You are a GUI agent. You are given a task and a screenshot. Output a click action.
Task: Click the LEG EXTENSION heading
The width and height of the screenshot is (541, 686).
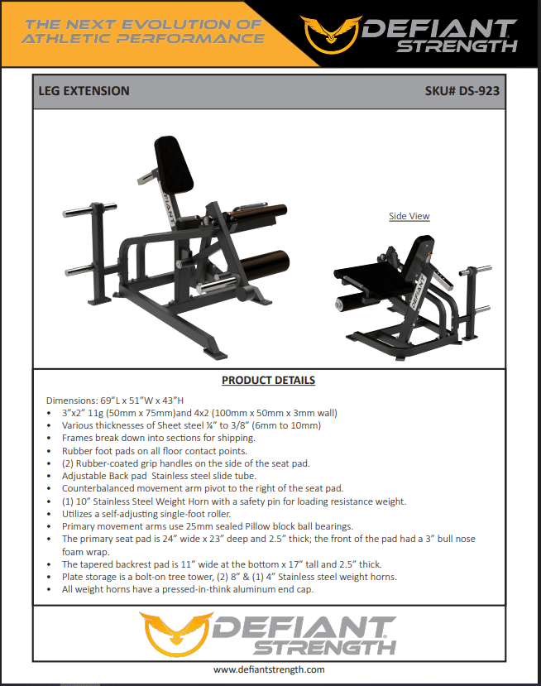[84, 91]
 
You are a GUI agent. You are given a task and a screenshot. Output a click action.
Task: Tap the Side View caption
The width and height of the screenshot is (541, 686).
[409, 216]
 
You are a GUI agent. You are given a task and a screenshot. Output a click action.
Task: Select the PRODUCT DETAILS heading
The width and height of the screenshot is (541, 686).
[268, 381]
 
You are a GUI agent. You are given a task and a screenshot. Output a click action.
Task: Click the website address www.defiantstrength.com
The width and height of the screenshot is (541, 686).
[269, 669]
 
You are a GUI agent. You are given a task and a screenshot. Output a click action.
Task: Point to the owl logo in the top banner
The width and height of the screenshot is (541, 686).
[329, 31]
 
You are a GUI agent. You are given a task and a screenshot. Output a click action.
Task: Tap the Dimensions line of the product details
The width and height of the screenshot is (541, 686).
[115, 400]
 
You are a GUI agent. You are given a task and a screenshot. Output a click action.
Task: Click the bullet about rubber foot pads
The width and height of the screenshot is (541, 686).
[154, 451]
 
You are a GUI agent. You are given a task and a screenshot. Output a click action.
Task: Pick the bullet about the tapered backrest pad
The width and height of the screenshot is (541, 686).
[222, 564]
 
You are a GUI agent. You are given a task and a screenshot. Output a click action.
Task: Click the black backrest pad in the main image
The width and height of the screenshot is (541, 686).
[175, 162]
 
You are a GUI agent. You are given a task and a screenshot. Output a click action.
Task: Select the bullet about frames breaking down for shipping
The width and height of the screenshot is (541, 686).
[158, 438]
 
